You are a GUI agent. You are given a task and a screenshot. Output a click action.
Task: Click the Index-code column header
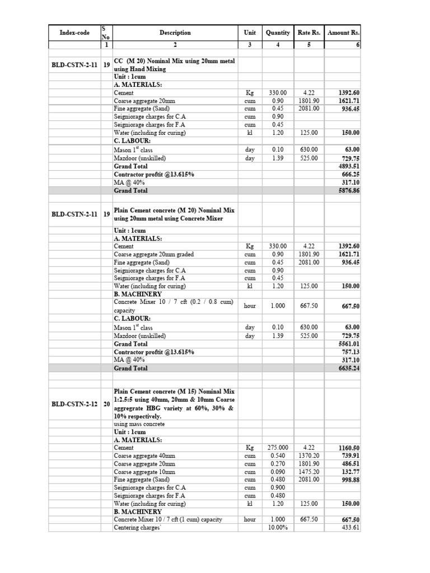click(74, 33)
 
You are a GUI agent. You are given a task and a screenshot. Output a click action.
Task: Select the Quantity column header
click(278, 33)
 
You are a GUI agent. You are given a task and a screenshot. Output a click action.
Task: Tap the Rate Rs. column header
click(309, 33)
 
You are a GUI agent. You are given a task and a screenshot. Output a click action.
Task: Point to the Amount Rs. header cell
click(343, 33)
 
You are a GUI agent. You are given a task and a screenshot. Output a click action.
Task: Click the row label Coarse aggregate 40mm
click(144, 456)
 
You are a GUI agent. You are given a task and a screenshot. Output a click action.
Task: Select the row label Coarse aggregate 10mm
click(144, 472)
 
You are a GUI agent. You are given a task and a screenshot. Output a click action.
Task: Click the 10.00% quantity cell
click(278, 528)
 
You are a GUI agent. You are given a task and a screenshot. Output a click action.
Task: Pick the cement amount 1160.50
click(349, 448)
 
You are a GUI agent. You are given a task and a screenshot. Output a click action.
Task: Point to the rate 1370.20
click(309, 456)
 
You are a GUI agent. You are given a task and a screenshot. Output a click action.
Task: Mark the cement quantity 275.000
click(278, 448)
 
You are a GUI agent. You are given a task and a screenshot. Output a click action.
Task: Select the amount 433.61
click(350, 528)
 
